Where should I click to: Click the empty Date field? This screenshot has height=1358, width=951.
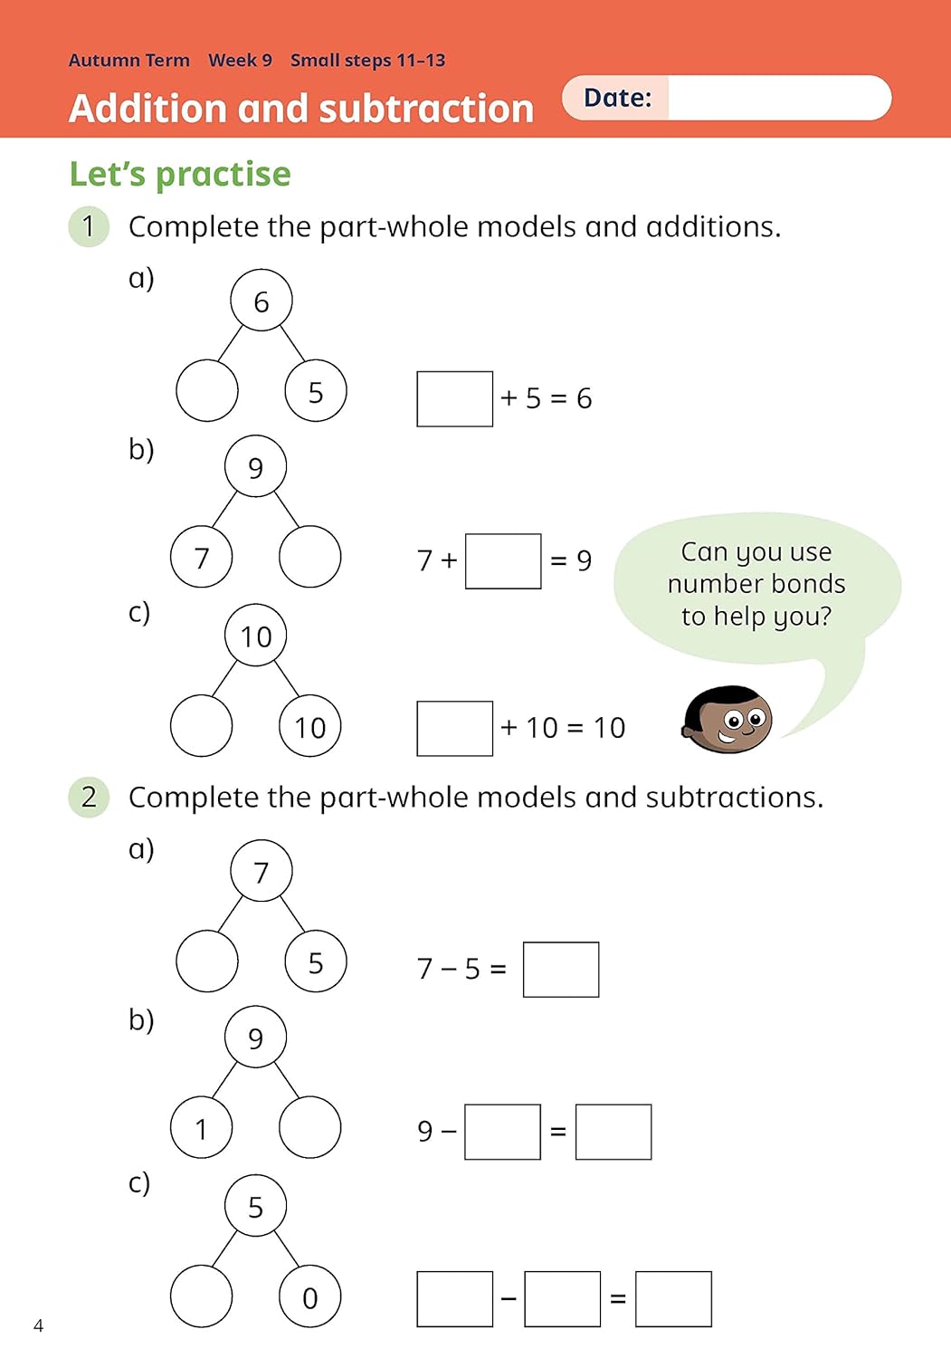[x=778, y=98]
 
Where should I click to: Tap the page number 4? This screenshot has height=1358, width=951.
[x=38, y=1325]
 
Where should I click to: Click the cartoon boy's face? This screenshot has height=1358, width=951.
[x=729, y=720]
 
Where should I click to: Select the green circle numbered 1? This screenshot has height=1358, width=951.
[x=89, y=226]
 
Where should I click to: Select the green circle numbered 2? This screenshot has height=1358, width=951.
[x=89, y=797]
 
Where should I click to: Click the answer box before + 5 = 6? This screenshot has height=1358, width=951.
[x=454, y=398]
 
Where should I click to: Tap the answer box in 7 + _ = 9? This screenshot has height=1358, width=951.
[x=503, y=561]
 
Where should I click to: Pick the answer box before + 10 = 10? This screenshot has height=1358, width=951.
[x=454, y=728]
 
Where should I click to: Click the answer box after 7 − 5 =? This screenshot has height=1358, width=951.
[x=561, y=970]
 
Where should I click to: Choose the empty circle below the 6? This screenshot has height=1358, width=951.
[x=207, y=391]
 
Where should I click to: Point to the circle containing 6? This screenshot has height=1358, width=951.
[x=262, y=301]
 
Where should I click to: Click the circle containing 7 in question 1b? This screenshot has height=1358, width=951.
[x=202, y=557]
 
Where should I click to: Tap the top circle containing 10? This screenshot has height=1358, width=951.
[x=256, y=636]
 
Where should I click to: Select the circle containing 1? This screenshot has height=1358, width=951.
[x=202, y=1128]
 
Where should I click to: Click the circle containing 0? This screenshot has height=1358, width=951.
[x=310, y=1297]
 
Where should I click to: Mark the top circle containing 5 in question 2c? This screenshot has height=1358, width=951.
[x=256, y=1206]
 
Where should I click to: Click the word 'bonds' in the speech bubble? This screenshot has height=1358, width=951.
[x=803, y=584]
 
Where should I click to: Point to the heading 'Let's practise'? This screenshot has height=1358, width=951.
[x=180, y=174]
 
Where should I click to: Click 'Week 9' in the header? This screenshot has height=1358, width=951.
[x=240, y=61]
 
